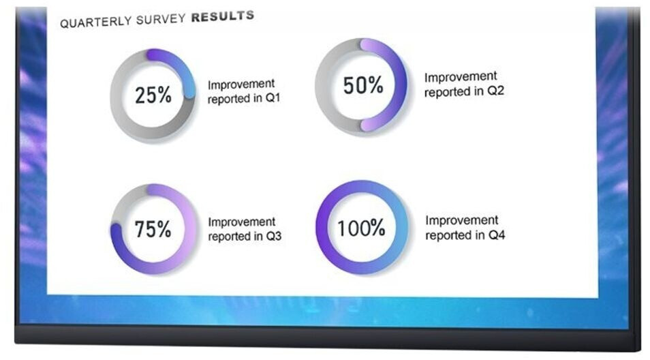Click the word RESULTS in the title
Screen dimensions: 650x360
(x=223, y=16)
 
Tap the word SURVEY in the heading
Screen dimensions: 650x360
(x=160, y=19)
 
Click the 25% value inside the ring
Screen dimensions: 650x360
(x=153, y=95)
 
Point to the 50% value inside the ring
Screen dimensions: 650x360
(x=362, y=85)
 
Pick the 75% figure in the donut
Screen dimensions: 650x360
(x=153, y=229)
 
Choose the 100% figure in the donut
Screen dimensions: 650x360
(x=361, y=228)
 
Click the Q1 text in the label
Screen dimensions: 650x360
(x=273, y=98)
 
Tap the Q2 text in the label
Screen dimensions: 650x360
(x=495, y=91)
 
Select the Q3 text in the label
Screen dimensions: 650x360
(x=274, y=236)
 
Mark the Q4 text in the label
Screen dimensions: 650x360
(x=497, y=235)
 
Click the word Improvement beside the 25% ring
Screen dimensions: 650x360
(x=241, y=84)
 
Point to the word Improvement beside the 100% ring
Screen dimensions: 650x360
(x=462, y=220)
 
